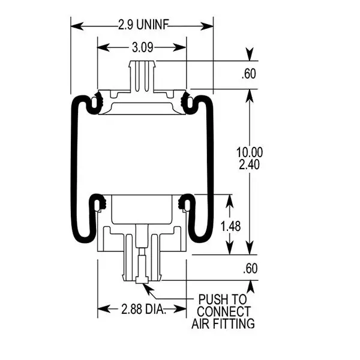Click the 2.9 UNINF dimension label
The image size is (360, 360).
coord(142,25)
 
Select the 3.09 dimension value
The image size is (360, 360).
coord(142,47)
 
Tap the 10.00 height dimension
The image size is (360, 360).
coord(249,152)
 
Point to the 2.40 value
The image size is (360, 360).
coord(249,165)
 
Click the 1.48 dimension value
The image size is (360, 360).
coord(231,226)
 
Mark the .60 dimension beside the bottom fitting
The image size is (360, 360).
coord(250,269)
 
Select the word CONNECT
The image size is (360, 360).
coord(223,312)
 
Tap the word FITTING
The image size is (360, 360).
coord(233,324)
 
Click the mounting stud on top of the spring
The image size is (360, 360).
coord(142,75)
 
